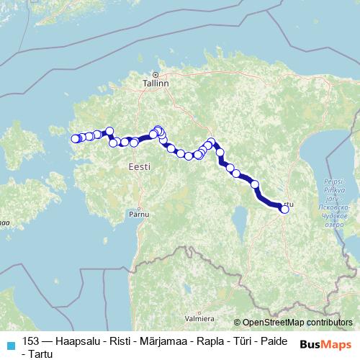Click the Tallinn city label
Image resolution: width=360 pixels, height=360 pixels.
pos(156,84)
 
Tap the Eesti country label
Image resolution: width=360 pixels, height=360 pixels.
pos(139,166)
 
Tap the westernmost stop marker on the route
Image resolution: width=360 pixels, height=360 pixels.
pos(74,139)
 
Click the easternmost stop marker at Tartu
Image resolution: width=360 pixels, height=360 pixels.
pos(284,210)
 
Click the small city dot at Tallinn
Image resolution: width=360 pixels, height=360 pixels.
pos(155,73)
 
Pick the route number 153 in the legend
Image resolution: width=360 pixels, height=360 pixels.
pos(32,343)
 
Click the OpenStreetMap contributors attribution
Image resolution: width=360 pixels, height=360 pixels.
pos(297,322)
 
